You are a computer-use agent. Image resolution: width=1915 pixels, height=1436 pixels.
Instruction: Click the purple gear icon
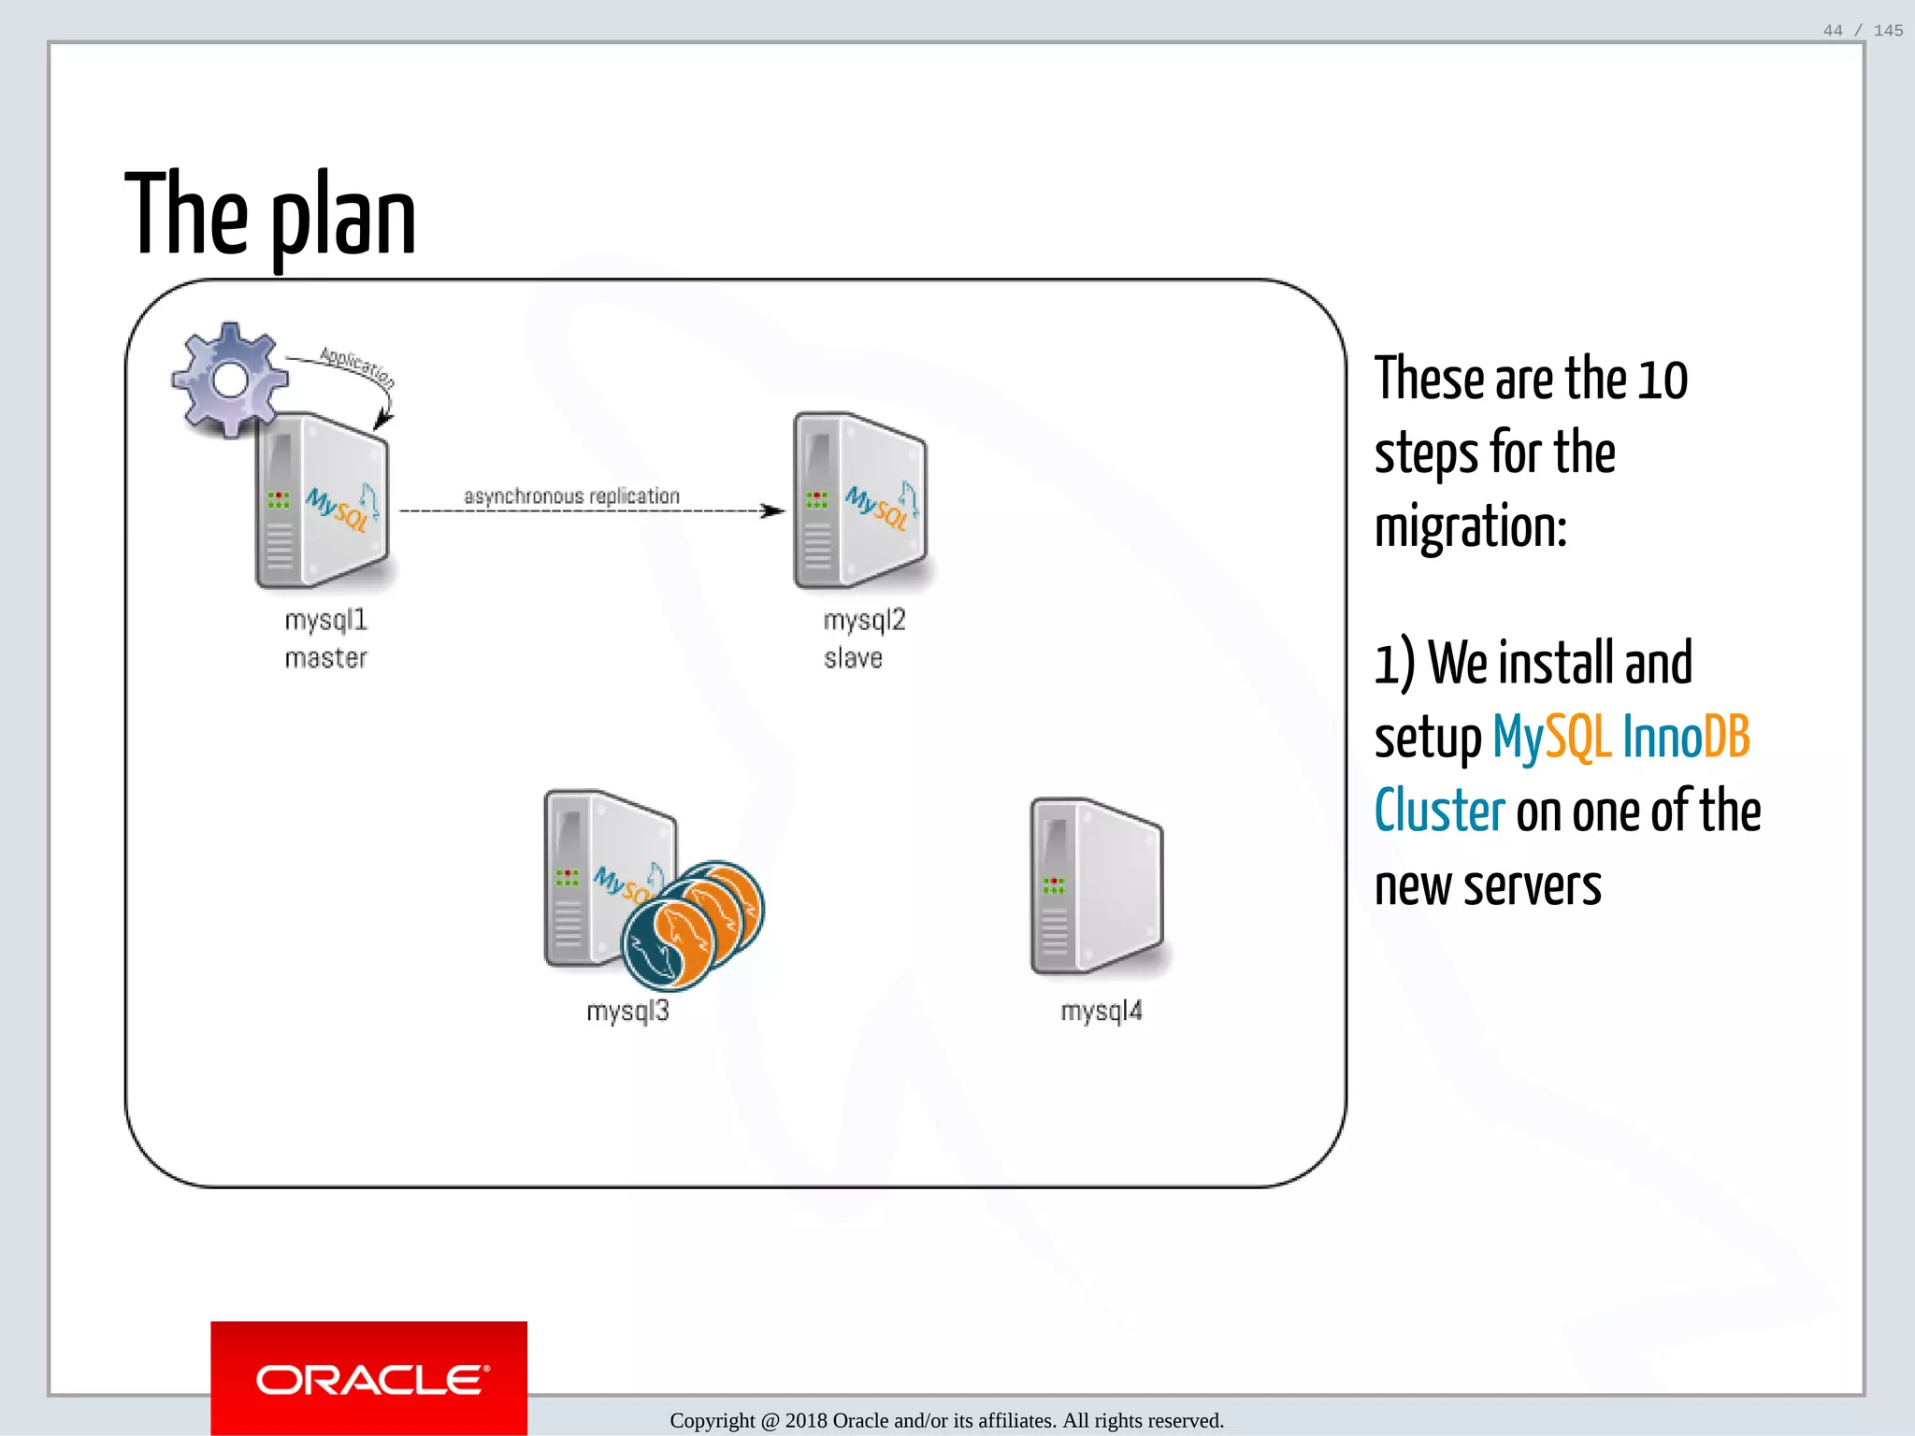point(230,380)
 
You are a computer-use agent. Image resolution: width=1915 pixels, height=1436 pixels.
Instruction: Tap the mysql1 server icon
point(323,501)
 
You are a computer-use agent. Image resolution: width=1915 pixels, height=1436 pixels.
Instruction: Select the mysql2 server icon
point(860,501)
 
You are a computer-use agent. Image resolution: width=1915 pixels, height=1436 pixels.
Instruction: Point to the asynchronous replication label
point(571,496)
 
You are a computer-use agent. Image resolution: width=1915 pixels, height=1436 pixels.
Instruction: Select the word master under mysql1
point(325,658)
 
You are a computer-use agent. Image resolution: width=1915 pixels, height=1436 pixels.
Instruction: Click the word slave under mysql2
point(853,658)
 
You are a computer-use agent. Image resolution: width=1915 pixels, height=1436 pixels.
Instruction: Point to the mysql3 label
point(627,1011)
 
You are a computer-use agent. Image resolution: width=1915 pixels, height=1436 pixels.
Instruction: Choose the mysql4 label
point(1101,1011)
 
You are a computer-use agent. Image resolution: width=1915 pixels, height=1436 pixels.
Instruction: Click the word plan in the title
point(343,219)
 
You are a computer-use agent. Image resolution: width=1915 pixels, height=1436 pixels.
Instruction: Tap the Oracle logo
point(369,1379)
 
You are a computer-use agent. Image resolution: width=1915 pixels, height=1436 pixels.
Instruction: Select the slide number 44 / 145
point(1863,31)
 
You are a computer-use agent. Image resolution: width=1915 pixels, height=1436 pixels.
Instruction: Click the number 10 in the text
point(1662,380)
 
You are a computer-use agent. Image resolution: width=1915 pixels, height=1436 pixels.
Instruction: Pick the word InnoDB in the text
point(1686,737)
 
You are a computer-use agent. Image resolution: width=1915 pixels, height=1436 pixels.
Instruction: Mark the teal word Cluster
point(1439,811)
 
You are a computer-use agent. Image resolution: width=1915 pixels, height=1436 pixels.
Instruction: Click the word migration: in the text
point(1470,526)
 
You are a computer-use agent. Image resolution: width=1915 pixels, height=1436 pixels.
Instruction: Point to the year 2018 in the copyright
point(806,1421)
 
